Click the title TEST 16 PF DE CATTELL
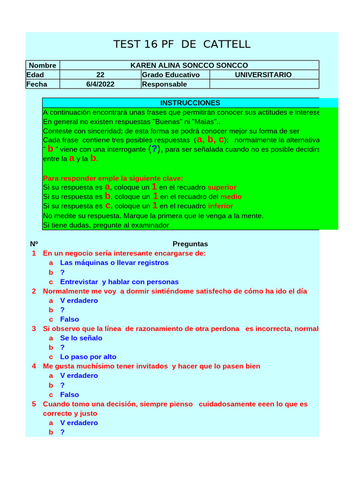[x=182, y=45]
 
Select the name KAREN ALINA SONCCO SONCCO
[x=189, y=66]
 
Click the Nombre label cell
[x=42, y=66]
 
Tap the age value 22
[x=100, y=75]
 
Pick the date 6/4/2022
[x=100, y=84]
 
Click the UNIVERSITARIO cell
[x=263, y=75]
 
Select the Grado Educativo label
[x=171, y=75]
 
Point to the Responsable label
[x=164, y=84]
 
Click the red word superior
[x=222, y=187]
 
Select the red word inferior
[x=220, y=206]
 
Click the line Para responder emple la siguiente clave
[x=113, y=178]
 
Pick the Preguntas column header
[x=190, y=244]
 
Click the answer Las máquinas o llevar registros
[x=114, y=263]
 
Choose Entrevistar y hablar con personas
[x=119, y=282]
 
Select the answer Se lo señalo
[x=81, y=338]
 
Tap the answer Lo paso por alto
[x=88, y=357]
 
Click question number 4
[x=34, y=366]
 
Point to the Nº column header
[x=34, y=244]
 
